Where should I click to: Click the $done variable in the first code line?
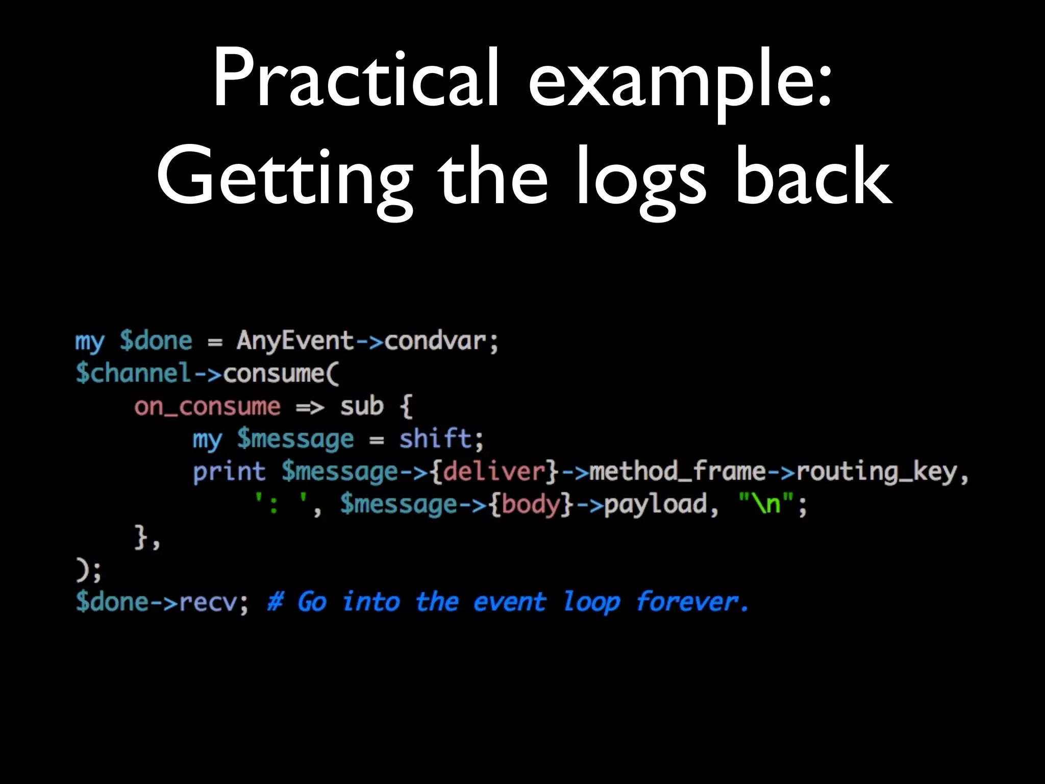click(156, 340)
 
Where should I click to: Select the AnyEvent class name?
click(295, 340)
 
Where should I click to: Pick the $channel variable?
click(133, 373)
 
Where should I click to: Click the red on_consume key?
click(207, 406)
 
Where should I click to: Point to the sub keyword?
click(362, 406)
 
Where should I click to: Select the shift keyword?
click(435, 439)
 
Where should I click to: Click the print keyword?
click(229, 472)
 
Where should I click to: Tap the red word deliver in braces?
click(494, 472)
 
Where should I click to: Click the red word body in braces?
click(531, 504)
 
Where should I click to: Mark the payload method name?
click(656, 504)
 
